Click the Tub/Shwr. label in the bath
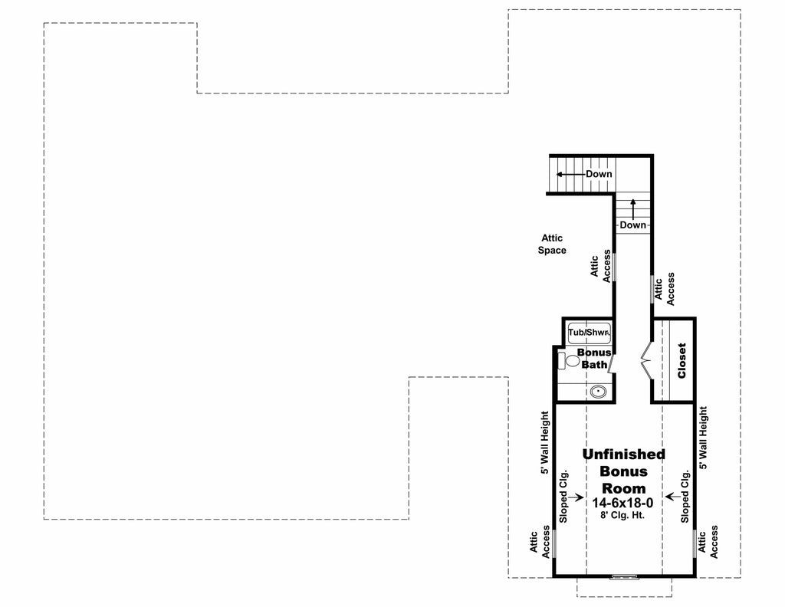point(589,333)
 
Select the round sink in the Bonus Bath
point(598,392)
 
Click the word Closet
point(682,360)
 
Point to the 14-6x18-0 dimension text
point(622,503)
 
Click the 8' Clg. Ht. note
point(622,516)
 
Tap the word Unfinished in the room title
point(623,454)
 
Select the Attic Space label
point(552,244)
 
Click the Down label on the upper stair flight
point(599,174)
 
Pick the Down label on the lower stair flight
point(633,225)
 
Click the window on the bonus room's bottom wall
point(623,576)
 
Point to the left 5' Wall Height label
point(545,443)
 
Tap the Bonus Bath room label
point(593,359)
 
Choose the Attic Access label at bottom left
point(541,542)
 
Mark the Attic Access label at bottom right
point(708,542)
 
